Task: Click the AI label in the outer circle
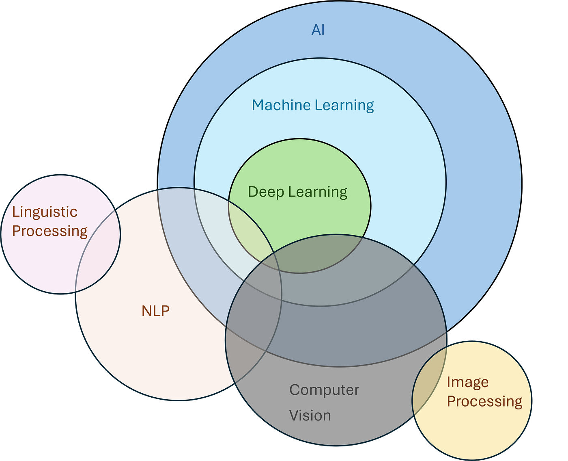[x=318, y=30]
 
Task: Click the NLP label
[x=155, y=311]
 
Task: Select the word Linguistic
[x=45, y=212]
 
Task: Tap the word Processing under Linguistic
[x=49, y=231]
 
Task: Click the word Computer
[x=324, y=390]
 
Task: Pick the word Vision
[x=310, y=416]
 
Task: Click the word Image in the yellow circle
[x=467, y=382]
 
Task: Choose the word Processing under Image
[x=484, y=401]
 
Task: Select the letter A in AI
[x=315, y=30]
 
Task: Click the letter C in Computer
[x=294, y=390]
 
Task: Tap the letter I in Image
[x=449, y=382]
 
